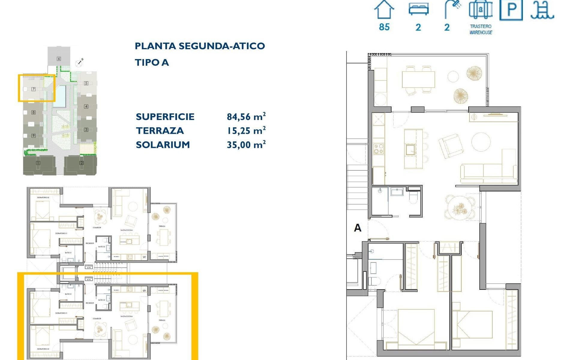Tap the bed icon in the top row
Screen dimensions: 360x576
(418, 9)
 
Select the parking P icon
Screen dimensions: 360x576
(511, 10)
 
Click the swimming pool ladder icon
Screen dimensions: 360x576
(542, 10)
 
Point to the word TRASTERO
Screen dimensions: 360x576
(481, 26)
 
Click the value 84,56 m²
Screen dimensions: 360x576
(246, 116)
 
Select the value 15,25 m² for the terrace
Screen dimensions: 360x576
(246, 130)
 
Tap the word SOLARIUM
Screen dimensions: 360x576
(163, 145)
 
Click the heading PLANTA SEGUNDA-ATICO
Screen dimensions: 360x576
(200, 46)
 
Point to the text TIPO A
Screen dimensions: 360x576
(152, 62)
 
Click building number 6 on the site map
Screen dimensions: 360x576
(59, 59)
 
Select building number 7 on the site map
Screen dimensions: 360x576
(34, 89)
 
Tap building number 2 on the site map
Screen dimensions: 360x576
(82, 163)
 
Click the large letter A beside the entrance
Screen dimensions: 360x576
(358, 228)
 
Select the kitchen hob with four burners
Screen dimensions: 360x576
(379, 149)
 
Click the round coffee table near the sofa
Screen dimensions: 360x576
(481, 142)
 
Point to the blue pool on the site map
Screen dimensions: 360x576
(61, 96)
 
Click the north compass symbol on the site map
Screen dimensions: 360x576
(79, 62)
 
